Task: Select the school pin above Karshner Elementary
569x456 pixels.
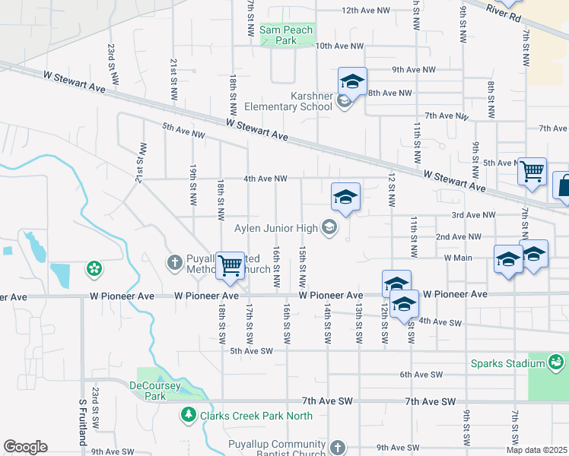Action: tap(352, 82)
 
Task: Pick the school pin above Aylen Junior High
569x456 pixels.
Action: tap(345, 198)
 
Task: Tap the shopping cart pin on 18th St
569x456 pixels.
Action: tap(230, 266)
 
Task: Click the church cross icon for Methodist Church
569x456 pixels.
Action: tap(173, 263)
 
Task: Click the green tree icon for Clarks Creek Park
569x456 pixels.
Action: tap(188, 415)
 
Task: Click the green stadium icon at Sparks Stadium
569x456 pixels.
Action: tap(556, 363)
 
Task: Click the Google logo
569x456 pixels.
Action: tap(25, 447)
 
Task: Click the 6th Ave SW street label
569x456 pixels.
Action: tap(421, 375)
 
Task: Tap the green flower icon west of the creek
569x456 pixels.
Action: tap(94, 268)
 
